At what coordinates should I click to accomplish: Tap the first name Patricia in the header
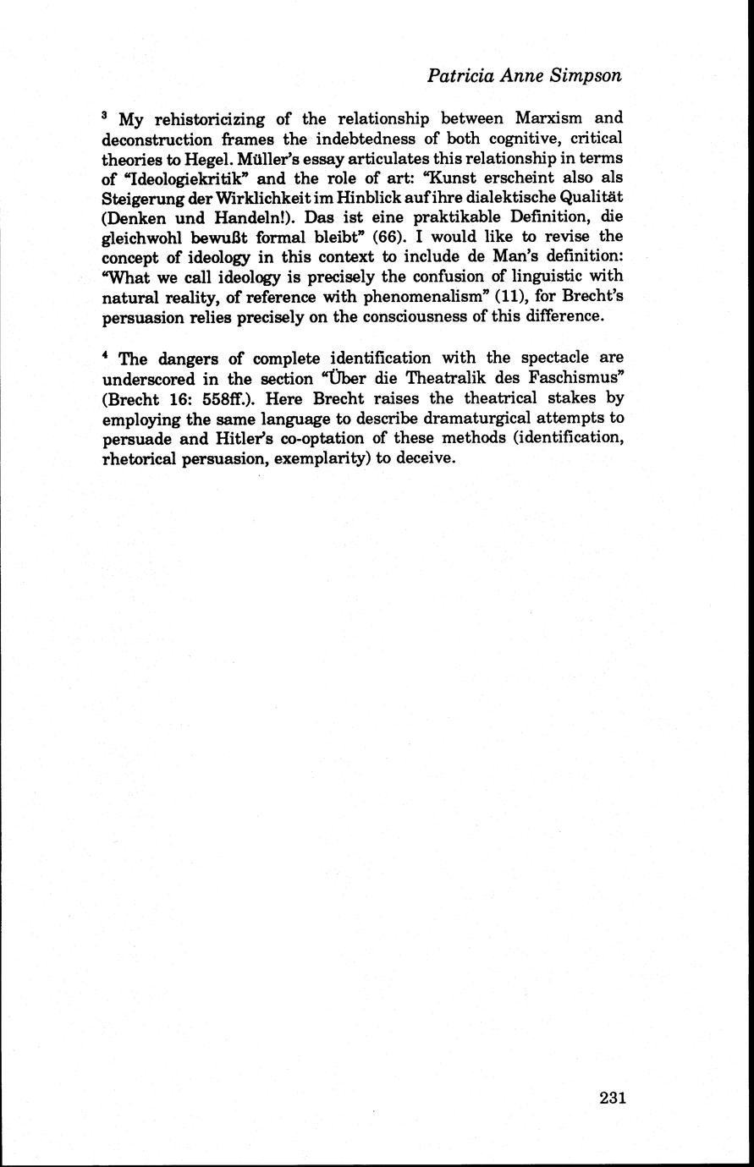click(462, 75)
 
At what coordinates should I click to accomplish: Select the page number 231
click(612, 1098)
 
